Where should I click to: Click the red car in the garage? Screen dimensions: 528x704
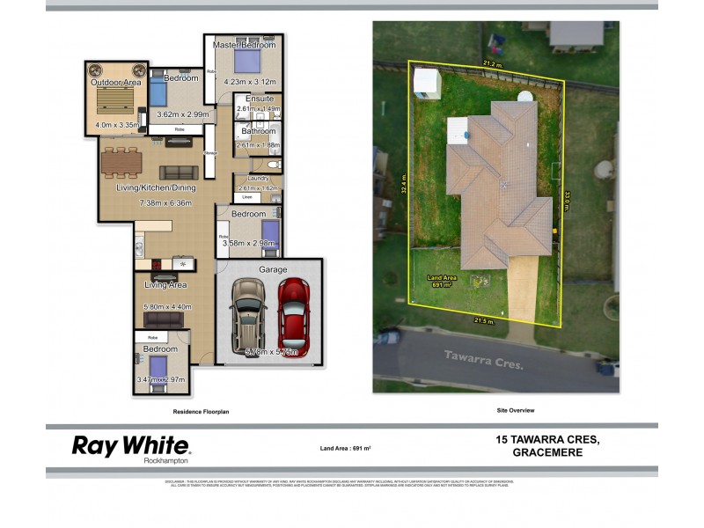tap(293, 312)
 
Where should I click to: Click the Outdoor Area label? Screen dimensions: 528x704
tap(115, 83)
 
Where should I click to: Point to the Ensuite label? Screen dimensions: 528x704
tap(260, 99)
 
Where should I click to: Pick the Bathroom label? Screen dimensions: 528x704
tap(259, 132)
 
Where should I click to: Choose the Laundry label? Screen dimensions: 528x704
tap(258, 179)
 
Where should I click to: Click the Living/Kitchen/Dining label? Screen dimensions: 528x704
tap(156, 187)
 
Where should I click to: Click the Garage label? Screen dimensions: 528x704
tap(272, 269)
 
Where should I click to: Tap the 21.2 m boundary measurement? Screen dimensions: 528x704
tap(492, 64)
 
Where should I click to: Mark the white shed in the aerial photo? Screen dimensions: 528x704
tap(426, 83)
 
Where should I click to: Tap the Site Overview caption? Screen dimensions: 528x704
tap(516, 411)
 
